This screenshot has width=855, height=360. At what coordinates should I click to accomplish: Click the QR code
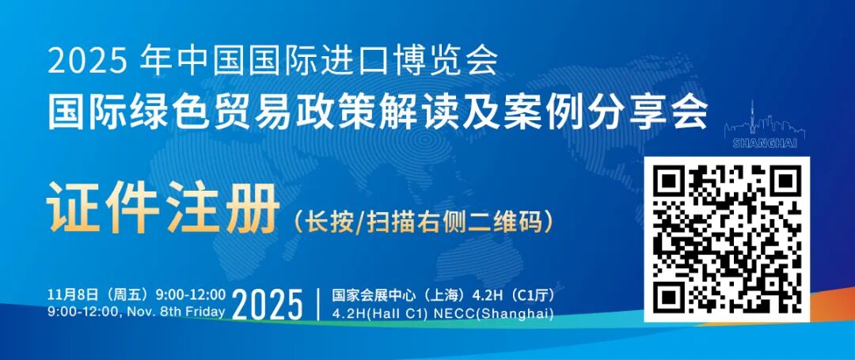point(728,240)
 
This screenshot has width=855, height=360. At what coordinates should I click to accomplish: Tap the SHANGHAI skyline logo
point(765,127)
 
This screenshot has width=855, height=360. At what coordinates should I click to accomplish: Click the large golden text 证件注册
point(163,208)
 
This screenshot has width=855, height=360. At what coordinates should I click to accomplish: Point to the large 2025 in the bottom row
point(269,305)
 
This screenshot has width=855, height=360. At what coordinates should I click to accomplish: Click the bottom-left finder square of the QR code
point(670,297)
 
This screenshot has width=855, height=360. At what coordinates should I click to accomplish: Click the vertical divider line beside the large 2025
point(317,305)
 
